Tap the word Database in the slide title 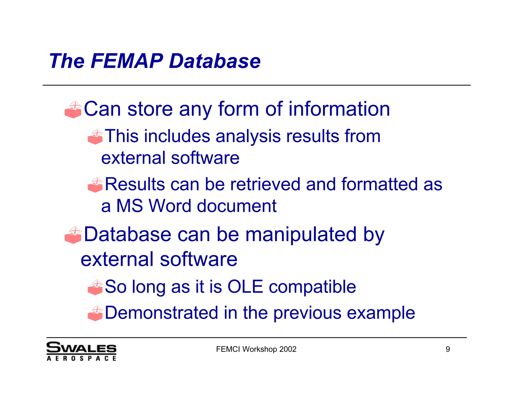(215, 61)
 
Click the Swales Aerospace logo (81, 351)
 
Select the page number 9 (448, 349)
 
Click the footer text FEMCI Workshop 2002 (256, 349)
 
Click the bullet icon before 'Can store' (73, 110)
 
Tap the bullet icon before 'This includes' (95, 137)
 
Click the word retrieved (265, 184)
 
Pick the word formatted (379, 184)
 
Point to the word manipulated (301, 235)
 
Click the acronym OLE (245, 287)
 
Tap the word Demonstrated (162, 313)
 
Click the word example (381, 313)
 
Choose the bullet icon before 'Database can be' (73, 235)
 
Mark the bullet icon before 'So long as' (95, 287)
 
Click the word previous (307, 313)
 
